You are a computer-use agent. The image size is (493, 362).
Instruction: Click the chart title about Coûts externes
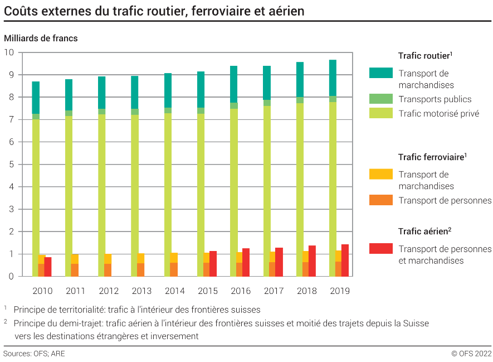[x=154, y=11]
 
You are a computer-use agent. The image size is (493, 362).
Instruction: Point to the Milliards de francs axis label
[x=41, y=38]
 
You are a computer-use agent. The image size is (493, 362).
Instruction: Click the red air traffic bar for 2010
[x=48, y=267]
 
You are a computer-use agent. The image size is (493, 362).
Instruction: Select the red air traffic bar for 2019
[x=345, y=260]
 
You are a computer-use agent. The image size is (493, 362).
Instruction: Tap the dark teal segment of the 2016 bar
[x=234, y=84]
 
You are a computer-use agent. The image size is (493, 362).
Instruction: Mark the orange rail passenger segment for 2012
[x=108, y=270]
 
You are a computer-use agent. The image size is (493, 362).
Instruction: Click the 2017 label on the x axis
[x=274, y=291]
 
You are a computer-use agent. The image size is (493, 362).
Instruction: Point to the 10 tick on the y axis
[x=9, y=52]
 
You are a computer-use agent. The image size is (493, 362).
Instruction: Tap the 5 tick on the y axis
[x=11, y=165]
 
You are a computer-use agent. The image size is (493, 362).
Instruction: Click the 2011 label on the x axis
[x=75, y=291]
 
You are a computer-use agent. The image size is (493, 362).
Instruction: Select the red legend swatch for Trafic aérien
[x=381, y=249]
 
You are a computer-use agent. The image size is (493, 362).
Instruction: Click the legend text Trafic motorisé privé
[x=439, y=114]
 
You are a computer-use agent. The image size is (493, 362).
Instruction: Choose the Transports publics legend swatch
[x=381, y=99]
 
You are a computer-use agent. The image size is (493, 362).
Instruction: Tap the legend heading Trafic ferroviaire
[x=431, y=158]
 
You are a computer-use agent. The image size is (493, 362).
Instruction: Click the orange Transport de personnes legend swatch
[x=381, y=200]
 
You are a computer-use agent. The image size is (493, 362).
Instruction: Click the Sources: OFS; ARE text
[x=34, y=354]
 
